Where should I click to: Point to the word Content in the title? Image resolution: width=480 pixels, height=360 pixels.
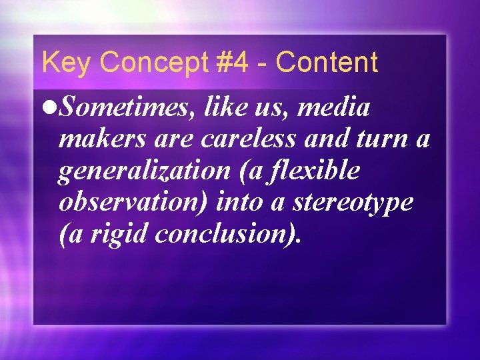coord(327,63)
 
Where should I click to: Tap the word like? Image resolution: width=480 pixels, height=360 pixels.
coord(227,108)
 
